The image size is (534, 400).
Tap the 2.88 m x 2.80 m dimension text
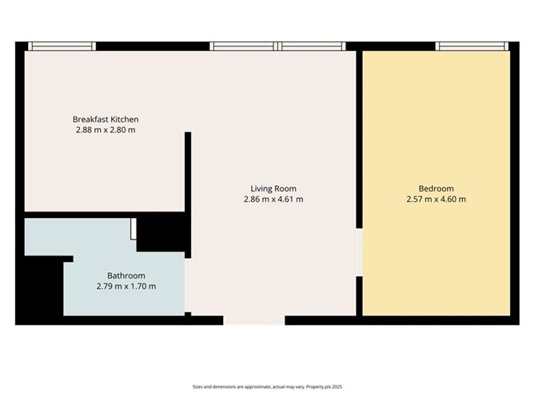click(106, 129)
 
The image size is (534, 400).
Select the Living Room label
click(273, 189)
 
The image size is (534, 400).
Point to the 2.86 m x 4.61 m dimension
click(273, 200)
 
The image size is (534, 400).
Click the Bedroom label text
click(436, 189)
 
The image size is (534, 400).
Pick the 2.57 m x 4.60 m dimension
click(436, 200)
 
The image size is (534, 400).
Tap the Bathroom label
click(126, 276)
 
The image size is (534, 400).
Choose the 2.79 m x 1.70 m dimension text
click(126, 287)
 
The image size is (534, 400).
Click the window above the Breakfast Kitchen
click(62, 46)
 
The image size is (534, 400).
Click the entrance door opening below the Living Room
click(254, 320)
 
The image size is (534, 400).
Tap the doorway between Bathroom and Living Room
click(188, 283)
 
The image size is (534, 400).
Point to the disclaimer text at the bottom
click(266, 386)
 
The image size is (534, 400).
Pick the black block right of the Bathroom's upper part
click(163, 234)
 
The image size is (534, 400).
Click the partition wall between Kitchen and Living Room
click(189, 172)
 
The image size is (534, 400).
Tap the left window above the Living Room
click(243, 46)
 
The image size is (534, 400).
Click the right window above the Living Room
click(314, 46)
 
